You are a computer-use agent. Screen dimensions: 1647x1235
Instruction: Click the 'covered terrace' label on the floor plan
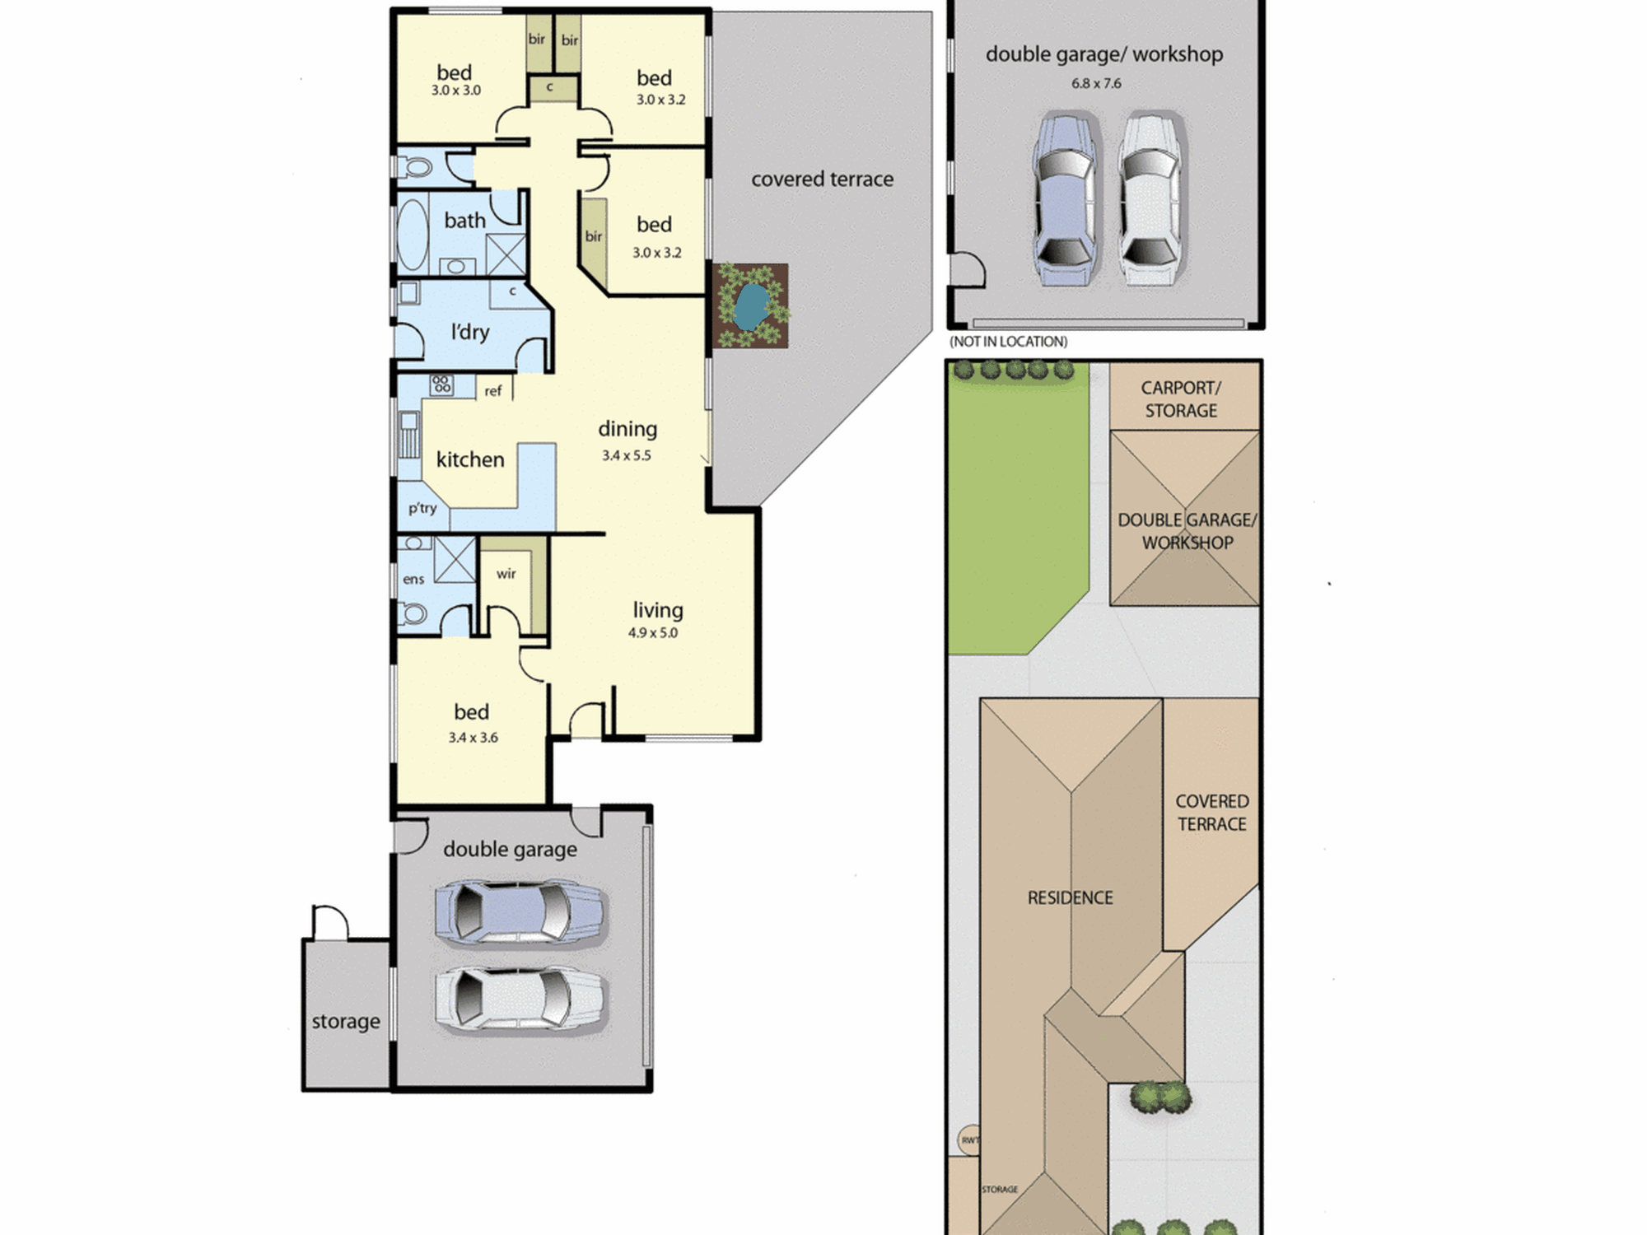point(822,179)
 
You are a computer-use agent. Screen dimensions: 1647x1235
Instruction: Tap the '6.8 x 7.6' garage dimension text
point(1096,83)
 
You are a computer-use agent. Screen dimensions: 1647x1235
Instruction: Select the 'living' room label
point(658,610)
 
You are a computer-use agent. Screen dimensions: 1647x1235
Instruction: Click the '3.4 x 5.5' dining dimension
point(626,455)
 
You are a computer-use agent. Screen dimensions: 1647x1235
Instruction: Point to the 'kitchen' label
point(470,459)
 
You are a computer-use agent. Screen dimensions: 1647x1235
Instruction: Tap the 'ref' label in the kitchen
point(492,391)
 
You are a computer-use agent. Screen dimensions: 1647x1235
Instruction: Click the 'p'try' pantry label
point(422,508)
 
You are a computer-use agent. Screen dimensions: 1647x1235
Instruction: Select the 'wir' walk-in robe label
point(506,574)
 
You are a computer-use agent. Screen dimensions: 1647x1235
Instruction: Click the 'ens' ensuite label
point(413,580)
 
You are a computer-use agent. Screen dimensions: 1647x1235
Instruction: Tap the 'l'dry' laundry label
point(470,332)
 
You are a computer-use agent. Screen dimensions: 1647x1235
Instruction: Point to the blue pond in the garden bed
point(750,306)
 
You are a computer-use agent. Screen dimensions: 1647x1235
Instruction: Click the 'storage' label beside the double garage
point(346,1022)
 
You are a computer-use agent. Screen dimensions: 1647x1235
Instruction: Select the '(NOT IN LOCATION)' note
point(1009,342)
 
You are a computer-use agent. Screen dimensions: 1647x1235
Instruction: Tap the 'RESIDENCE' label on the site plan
point(1071,897)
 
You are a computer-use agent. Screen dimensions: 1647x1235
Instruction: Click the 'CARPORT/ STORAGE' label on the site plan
point(1181,399)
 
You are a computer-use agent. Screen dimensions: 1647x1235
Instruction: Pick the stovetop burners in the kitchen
point(441,384)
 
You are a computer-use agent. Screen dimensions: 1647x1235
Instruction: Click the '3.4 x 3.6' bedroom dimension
point(473,738)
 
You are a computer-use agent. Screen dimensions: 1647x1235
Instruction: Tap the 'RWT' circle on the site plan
point(970,1140)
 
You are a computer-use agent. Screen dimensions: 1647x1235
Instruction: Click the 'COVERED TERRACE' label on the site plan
point(1212,813)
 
